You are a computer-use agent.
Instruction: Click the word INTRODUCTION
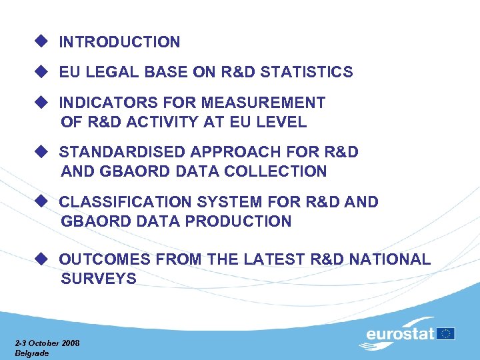coord(119,42)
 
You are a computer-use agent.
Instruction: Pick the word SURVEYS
coord(99,279)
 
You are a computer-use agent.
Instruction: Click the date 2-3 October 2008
coord(47,343)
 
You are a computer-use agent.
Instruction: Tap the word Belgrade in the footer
coord(31,353)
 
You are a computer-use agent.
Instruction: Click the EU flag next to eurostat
coord(446,333)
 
